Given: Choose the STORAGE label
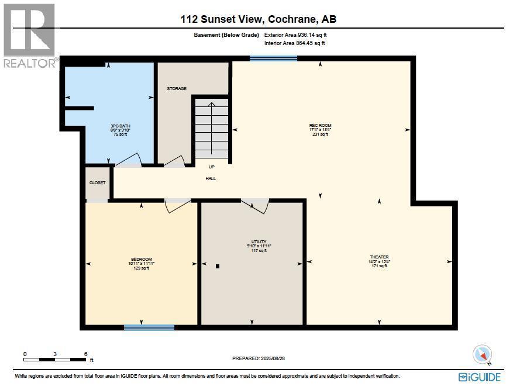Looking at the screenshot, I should [x=177, y=89].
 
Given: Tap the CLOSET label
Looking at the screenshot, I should [x=97, y=182].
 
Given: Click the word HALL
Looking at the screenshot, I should [x=211, y=178].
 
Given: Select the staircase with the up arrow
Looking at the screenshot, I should [x=212, y=129].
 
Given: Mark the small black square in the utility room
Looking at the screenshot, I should [x=218, y=266].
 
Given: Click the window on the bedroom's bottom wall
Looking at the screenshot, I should [x=149, y=327].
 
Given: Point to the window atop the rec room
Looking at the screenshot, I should [x=273, y=58].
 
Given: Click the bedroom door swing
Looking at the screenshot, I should [x=177, y=205].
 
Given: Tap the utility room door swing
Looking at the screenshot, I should [x=255, y=205].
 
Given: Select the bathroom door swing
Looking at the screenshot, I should [x=130, y=160].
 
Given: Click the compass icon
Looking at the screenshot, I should [x=482, y=354].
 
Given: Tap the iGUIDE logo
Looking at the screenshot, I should [x=480, y=377].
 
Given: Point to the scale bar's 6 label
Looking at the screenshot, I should [x=85, y=354].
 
